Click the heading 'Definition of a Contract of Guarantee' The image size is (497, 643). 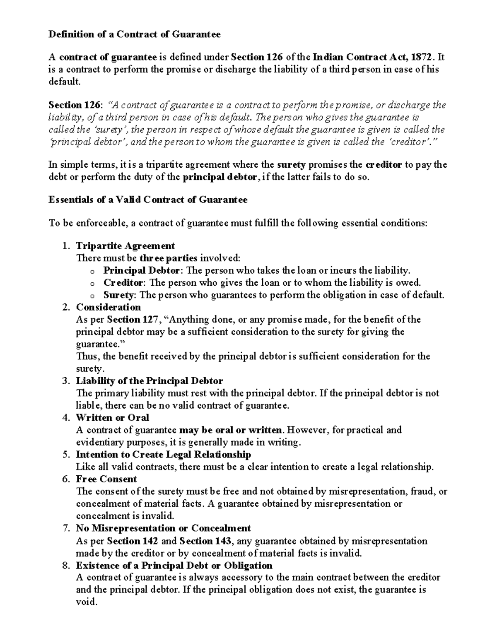point(135,34)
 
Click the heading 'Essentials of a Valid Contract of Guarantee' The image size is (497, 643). point(148,200)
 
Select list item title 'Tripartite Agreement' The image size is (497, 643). point(125,246)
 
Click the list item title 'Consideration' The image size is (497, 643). point(108,307)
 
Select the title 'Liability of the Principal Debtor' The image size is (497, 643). point(149,381)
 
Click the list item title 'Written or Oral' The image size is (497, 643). point(112,418)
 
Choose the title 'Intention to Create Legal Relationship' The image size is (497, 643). point(163,455)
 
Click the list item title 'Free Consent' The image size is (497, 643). point(106,479)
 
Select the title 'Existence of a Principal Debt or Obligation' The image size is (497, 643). point(174,566)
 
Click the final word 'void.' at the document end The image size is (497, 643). point(87,602)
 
